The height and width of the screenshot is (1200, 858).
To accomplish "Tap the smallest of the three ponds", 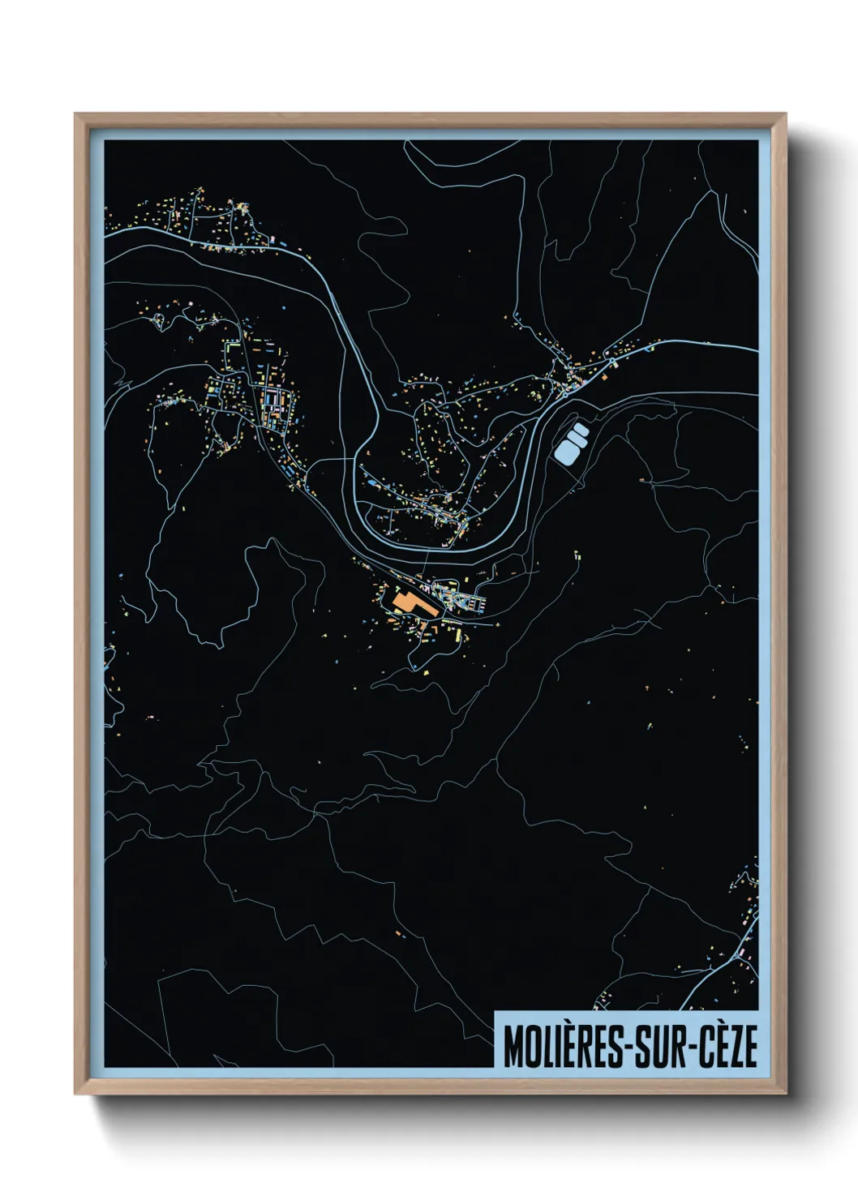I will tap(580, 428).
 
